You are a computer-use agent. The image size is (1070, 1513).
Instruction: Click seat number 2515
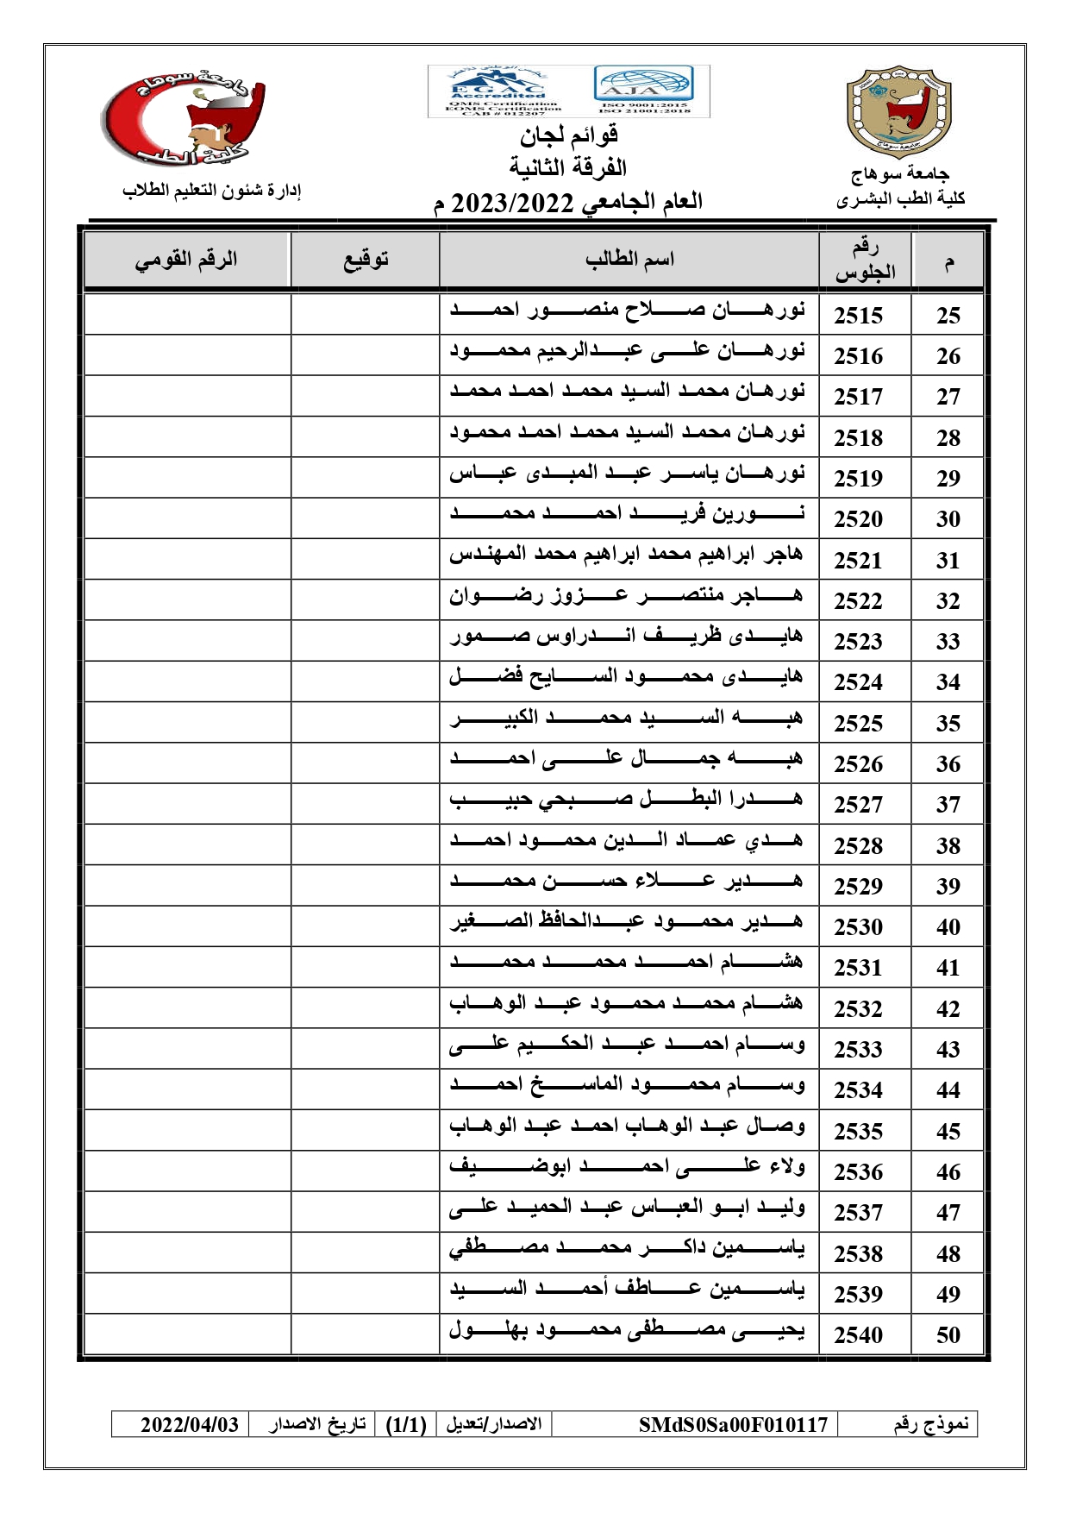tap(858, 316)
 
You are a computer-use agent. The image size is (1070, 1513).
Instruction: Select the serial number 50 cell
tap(948, 1335)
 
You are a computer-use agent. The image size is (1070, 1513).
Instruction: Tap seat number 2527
tap(858, 805)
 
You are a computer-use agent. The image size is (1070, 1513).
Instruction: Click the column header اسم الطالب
tap(629, 259)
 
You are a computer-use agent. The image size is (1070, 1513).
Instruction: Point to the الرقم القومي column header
tap(186, 259)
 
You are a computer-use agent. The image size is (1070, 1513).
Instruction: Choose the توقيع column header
tap(366, 259)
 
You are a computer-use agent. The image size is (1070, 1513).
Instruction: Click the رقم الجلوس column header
tap(865, 260)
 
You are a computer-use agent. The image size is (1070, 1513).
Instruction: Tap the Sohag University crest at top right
tap(898, 112)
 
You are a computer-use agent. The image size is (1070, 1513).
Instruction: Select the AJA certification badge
tap(643, 89)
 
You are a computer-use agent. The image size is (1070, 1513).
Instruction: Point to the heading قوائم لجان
tap(569, 135)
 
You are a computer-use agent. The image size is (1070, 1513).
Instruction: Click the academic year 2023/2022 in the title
tap(513, 204)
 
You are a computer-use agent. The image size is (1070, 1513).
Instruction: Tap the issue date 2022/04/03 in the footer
tap(190, 1424)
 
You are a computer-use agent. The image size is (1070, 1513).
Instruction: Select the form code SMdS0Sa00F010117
tap(733, 1424)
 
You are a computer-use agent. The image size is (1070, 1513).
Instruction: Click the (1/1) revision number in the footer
tap(406, 1424)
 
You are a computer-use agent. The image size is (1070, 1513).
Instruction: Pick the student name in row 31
tap(627, 556)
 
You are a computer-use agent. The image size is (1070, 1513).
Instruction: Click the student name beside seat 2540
tap(627, 1332)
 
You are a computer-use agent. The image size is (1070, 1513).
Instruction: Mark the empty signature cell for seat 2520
tap(366, 518)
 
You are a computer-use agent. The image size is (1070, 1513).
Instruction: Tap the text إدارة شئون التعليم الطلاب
tap(211, 191)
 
